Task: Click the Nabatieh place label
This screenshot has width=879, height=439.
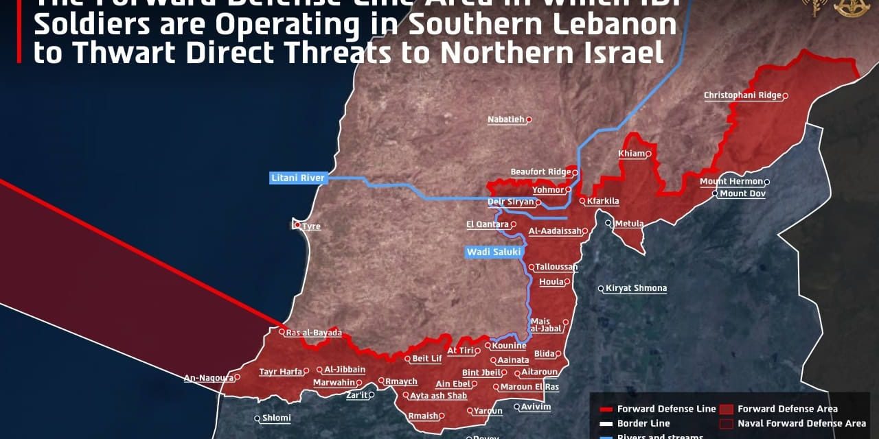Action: click(505, 119)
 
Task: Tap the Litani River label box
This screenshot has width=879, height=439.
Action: click(298, 178)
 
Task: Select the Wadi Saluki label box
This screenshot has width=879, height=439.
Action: click(489, 252)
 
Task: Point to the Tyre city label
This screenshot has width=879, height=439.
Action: click(311, 226)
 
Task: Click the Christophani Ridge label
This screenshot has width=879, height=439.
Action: click(742, 95)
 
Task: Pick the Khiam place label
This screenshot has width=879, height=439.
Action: click(632, 154)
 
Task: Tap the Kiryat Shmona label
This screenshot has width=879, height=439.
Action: click(636, 288)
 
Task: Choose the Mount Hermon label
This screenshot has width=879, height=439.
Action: click(731, 182)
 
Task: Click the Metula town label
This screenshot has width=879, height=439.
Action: click(629, 224)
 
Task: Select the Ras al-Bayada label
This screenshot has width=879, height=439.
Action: click(314, 333)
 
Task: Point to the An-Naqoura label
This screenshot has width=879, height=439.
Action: click(208, 377)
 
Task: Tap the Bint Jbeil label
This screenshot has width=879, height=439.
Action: click(481, 372)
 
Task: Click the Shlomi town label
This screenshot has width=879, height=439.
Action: click(277, 418)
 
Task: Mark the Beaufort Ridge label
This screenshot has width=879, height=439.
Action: click(540, 172)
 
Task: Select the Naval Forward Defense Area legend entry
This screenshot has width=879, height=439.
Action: click(801, 423)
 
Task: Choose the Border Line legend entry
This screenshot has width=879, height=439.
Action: click(643, 423)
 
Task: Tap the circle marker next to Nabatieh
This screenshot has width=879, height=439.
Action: click(529, 119)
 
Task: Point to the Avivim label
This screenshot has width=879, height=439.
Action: click(536, 407)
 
